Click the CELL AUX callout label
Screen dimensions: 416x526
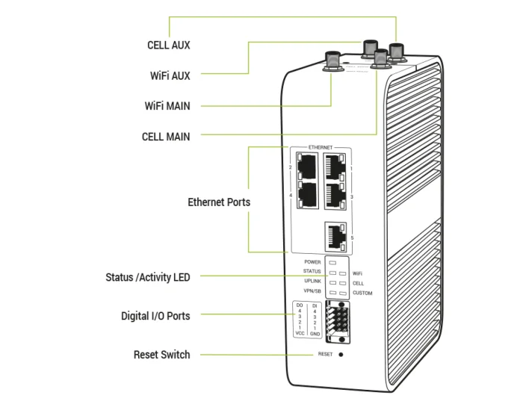click(168, 45)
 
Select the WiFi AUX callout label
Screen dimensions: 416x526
click(170, 75)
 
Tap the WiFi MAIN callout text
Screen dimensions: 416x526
click(167, 106)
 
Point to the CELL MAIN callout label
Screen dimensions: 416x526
click(166, 137)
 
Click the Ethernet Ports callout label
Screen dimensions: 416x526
click(219, 202)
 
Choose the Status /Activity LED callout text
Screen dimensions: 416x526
click(148, 277)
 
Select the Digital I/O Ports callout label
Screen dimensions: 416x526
click(155, 316)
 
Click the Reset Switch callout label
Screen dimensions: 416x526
click(161, 354)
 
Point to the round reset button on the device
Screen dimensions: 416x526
click(341, 354)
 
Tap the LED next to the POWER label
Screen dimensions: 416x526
click(333, 263)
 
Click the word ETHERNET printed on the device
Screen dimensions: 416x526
click(320, 148)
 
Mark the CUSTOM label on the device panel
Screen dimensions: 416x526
click(362, 294)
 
